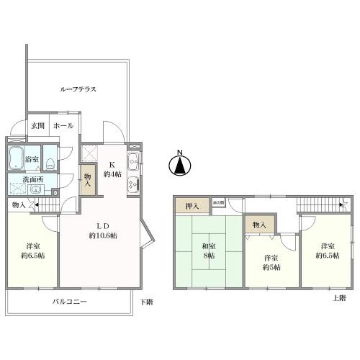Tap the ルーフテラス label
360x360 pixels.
[78, 89]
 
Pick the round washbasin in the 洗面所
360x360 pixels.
[35, 191]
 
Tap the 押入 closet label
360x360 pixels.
[192, 206]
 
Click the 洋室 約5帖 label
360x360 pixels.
[271, 263]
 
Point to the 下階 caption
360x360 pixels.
[145, 302]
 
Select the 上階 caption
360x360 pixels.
[339, 297]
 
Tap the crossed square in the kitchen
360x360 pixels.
[90, 152]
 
